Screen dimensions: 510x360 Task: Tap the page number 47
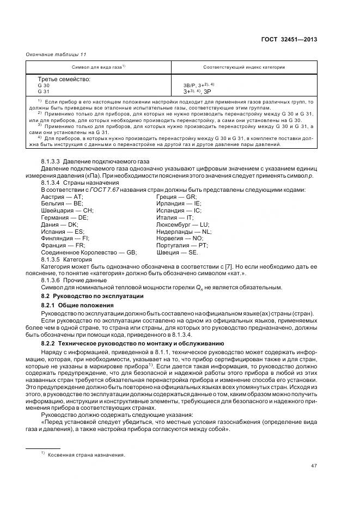click(x=314, y=465)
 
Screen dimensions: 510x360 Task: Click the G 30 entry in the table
click(x=44, y=86)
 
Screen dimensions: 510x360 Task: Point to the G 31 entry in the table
click(x=44, y=92)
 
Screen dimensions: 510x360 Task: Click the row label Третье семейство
click(x=64, y=80)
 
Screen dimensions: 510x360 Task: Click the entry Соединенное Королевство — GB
click(x=89, y=253)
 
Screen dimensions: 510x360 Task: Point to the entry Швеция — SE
click(x=178, y=253)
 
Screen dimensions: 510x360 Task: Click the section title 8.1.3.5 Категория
click(x=67, y=260)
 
